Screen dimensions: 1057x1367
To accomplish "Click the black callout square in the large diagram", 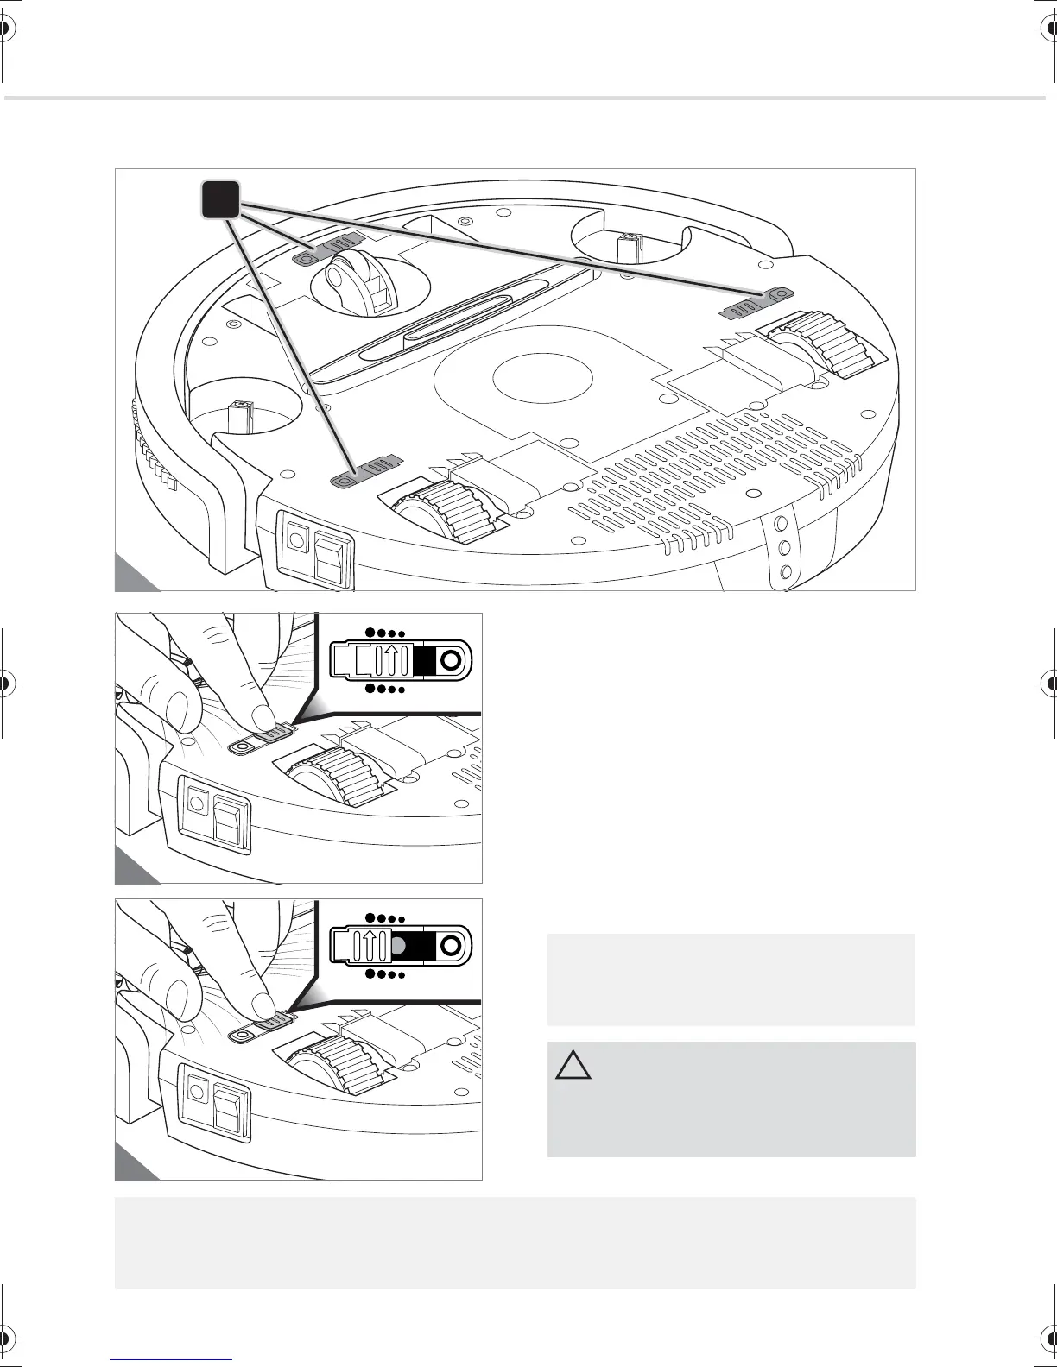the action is click(221, 199).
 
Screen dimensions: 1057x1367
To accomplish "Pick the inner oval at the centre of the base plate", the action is click(543, 379).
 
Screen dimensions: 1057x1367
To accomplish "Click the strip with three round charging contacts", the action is click(784, 547).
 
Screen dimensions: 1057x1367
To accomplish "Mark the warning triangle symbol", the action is click(573, 1066).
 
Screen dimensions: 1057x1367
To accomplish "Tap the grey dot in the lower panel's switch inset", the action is click(398, 945).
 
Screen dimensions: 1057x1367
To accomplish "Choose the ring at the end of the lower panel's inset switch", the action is click(450, 945).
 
